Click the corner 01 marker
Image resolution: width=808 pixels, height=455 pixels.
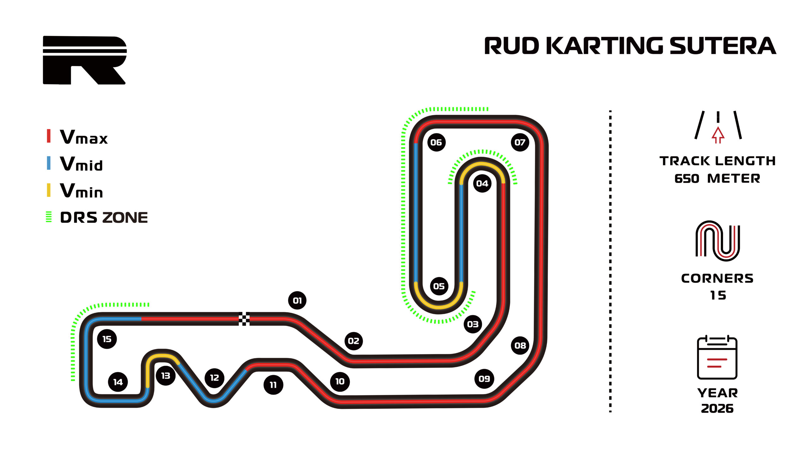tap(297, 300)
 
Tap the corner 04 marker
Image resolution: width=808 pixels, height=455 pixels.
tap(482, 183)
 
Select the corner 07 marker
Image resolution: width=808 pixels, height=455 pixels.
tap(520, 142)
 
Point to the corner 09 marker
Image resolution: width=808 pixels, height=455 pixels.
tap(484, 379)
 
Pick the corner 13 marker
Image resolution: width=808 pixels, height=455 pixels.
tap(166, 375)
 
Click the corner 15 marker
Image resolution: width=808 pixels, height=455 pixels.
tap(107, 339)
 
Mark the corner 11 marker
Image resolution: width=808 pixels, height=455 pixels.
tap(273, 385)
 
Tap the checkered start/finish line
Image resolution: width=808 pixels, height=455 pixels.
tap(244, 319)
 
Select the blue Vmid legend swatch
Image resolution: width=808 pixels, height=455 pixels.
tap(49, 163)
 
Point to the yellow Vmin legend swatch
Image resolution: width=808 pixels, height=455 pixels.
tap(49, 190)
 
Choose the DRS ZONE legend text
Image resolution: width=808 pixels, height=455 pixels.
tap(104, 217)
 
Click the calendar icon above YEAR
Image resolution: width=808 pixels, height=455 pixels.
tap(717, 357)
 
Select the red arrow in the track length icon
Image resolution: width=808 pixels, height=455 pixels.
tap(718, 135)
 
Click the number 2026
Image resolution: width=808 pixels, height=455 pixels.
tap(717, 408)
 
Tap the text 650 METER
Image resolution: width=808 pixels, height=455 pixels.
tap(717, 179)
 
